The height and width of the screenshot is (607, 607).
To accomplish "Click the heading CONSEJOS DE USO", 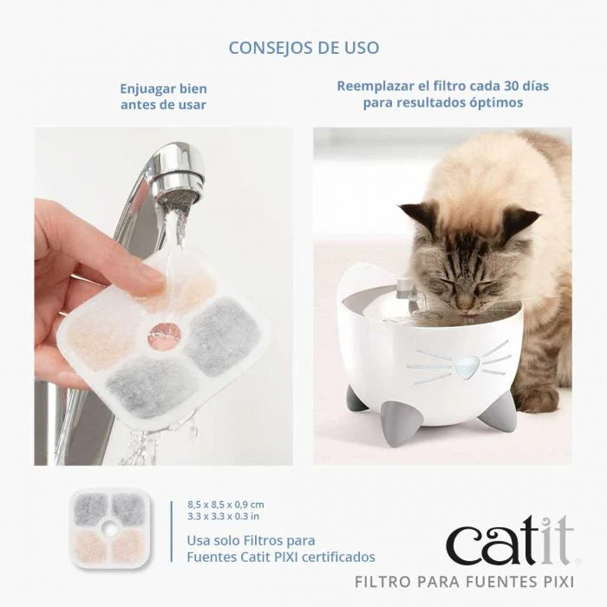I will [303, 47].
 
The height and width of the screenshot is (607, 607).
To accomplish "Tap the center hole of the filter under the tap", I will [161, 333].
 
